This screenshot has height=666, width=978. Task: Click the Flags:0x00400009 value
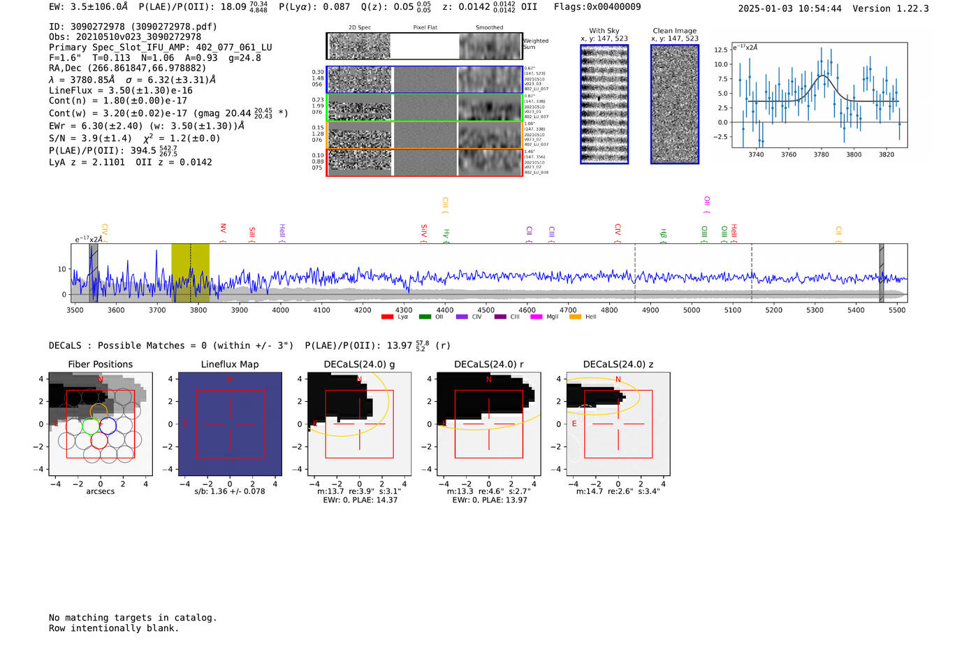point(597,7)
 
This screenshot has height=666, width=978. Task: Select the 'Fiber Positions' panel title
point(101,364)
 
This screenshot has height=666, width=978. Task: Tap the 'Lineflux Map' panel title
point(230,364)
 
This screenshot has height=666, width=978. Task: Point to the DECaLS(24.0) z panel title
point(618,364)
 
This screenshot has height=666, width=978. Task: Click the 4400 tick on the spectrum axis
point(445,310)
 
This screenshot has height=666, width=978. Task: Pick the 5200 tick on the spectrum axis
point(774,310)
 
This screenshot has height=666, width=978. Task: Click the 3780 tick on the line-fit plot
point(822,154)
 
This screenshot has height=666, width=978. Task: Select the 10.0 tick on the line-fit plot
point(720,64)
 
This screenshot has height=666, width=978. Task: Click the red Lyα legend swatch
point(387,317)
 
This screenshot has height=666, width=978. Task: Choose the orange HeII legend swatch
point(575,317)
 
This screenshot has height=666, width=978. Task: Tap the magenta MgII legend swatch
point(536,317)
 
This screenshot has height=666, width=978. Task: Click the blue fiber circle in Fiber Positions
point(108,425)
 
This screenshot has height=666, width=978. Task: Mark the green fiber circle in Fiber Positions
point(91,426)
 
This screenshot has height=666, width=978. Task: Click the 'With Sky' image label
point(604,31)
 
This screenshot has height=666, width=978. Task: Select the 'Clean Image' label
point(675,31)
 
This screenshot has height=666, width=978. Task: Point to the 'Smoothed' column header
point(489,27)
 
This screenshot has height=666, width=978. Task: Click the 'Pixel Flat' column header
point(425,27)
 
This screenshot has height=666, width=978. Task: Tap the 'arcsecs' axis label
point(101,491)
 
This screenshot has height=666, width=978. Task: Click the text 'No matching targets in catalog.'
point(133,618)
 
